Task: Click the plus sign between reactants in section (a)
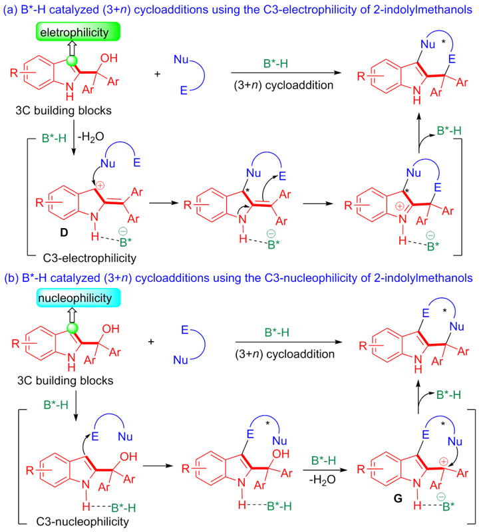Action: point(157,74)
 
